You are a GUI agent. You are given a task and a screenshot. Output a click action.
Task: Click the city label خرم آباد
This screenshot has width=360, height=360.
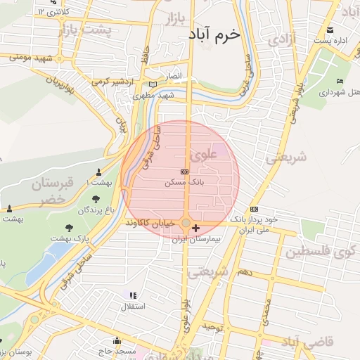pos(214,33)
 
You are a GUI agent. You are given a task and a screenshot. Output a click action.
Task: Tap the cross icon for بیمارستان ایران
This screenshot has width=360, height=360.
pos(195,229)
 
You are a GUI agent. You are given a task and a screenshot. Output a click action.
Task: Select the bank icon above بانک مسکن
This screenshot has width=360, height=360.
pos(185,172)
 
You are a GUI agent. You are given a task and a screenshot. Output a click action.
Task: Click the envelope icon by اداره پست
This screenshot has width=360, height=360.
pos(330,30)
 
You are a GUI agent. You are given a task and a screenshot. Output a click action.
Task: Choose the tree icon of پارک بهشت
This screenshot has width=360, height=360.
pos(69,227)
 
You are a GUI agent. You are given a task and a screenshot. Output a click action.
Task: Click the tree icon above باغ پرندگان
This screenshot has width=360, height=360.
pos(96,199)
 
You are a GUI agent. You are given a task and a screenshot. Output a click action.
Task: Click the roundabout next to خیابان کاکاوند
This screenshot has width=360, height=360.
pos(186,224)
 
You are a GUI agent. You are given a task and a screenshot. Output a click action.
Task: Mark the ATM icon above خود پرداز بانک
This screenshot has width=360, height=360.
pos(254,209)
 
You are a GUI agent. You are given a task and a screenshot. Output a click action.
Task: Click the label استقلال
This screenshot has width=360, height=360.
pos(134,306)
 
